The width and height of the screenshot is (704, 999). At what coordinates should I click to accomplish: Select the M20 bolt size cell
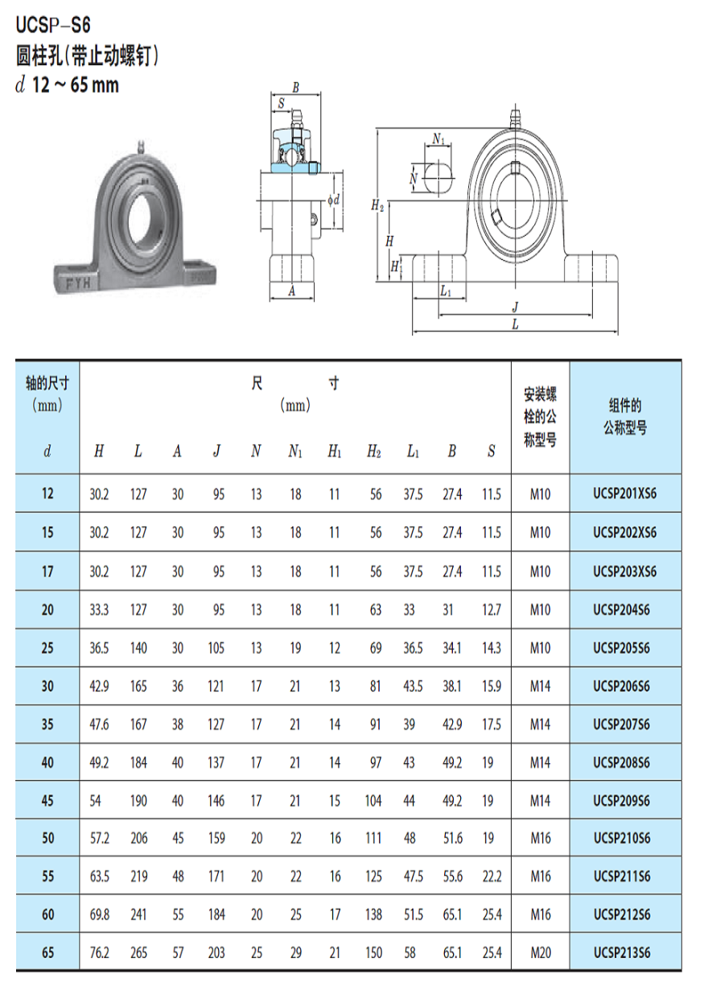coord(541,953)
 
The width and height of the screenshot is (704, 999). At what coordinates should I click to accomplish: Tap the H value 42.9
coord(99,687)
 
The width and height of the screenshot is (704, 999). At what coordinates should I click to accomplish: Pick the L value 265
coord(138,953)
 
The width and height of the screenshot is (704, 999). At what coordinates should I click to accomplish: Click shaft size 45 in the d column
coord(47,801)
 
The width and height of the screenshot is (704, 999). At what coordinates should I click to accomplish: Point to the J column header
coord(216,452)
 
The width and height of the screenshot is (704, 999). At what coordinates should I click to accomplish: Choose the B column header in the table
coord(452,452)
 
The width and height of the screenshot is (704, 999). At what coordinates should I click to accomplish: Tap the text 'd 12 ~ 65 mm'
coord(68,85)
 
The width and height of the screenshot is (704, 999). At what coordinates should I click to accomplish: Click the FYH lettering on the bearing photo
coord(77,283)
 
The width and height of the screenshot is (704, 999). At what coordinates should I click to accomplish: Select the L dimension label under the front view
coord(515,324)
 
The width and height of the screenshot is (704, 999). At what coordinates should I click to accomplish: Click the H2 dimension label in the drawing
coord(377,206)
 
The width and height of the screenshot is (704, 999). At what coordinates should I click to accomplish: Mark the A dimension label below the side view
coord(291,293)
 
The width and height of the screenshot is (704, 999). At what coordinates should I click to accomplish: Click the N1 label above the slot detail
coord(438,139)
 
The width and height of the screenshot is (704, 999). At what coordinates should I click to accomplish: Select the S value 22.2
coord(491,877)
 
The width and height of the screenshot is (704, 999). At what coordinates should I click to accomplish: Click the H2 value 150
coord(374,953)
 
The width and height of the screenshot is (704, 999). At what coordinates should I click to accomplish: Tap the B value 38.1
coord(452,687)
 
